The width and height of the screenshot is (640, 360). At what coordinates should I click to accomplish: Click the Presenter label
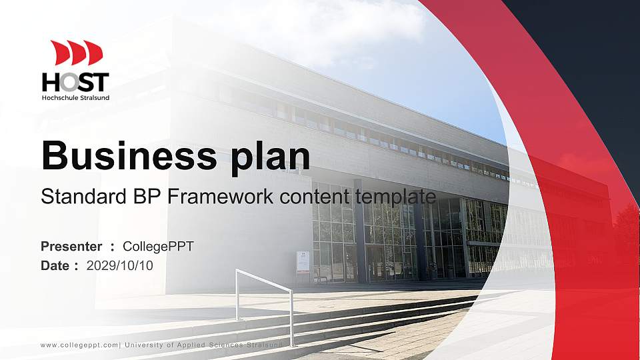(x=71, y=247)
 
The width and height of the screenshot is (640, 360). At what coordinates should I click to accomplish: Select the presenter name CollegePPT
(x=158, y=247)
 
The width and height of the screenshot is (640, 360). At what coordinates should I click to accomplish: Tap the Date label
(x=55, y=265)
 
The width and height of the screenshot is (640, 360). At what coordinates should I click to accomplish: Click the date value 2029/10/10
(x=119, y=265)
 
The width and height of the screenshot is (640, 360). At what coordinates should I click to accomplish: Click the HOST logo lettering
(x=75, y=83)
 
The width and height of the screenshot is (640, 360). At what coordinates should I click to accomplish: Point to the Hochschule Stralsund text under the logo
(x=75, y=97)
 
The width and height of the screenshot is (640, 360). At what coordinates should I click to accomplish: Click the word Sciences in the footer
(x=223, y=345)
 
